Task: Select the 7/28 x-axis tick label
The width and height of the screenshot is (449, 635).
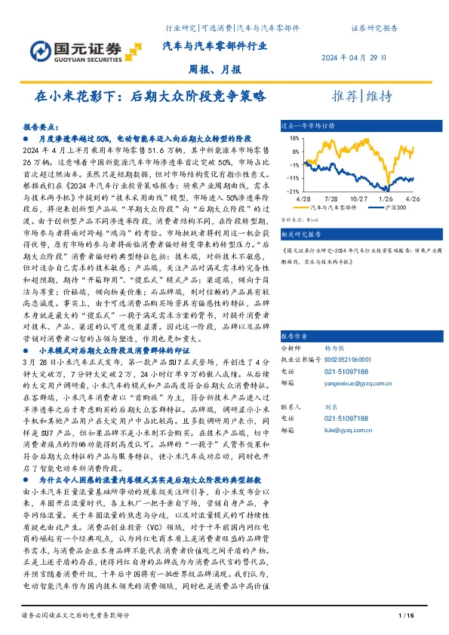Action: pyautogui.click(x=331, y=198)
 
